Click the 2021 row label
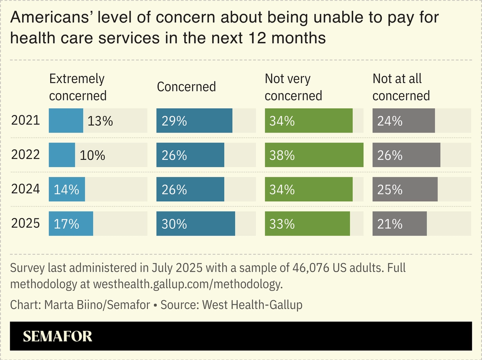25,121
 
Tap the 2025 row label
25,224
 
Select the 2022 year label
25,155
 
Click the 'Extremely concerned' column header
78,87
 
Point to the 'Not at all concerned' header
401,87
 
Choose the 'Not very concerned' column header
293,87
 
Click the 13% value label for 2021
100,121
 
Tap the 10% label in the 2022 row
92,156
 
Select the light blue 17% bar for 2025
71,224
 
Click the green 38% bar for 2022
314,155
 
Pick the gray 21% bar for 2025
400,224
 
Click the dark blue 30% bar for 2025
196,224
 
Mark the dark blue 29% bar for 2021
195,121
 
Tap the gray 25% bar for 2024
405,189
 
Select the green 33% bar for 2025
308,224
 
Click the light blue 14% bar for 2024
67,189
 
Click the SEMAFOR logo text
57,337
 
